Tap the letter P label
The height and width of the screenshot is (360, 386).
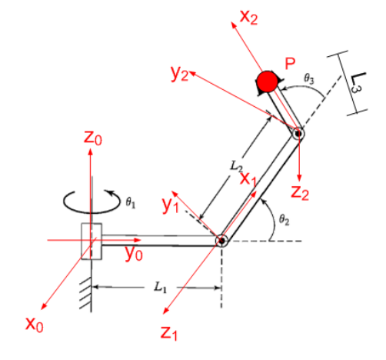click(x=290, y=64)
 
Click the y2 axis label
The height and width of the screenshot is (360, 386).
click(x=179, y=73)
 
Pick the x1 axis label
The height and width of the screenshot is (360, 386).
click(x=249, y=178)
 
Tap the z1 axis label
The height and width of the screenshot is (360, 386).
click(x=171, y=332)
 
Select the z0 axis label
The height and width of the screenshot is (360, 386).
click(x=92, y=138)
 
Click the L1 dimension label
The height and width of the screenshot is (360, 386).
click(x=158, y=287)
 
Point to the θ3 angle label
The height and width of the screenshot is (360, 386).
click(x=309, y=77)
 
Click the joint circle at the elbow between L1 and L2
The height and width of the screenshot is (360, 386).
click(x=221, y=241)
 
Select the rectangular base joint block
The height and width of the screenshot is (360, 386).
click(x=92, y=241)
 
